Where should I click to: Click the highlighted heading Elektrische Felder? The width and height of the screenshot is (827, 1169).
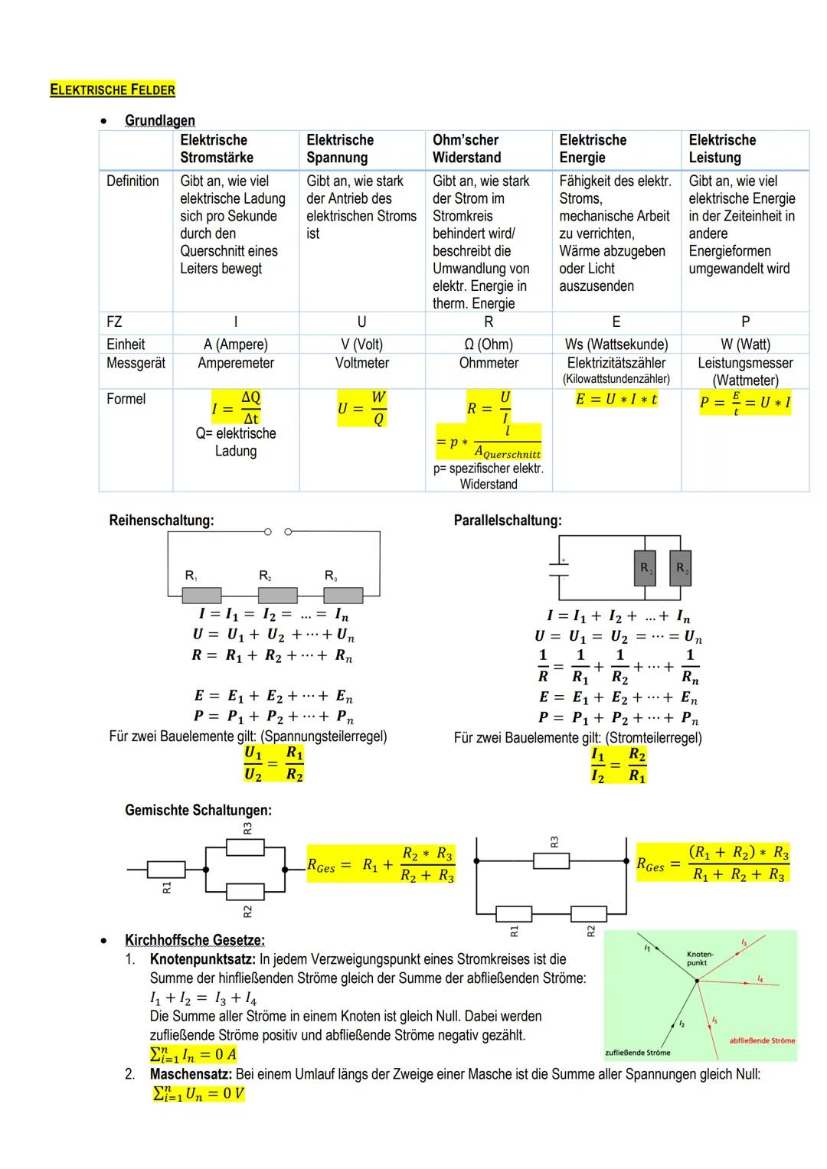tap(113, 90)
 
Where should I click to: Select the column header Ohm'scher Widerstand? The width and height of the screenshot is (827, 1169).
tap(466, 149)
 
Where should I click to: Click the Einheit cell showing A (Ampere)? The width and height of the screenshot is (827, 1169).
tap(235, 344)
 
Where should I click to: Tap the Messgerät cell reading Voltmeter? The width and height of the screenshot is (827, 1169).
tap(361, 363)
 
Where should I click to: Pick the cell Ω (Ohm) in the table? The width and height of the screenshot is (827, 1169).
tap(489, 344)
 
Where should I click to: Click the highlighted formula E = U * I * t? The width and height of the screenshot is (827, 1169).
tap(616, 400)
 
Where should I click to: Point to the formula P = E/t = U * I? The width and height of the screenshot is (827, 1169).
tap(744, 403)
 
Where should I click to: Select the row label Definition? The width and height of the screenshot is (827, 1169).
tap(132, 181)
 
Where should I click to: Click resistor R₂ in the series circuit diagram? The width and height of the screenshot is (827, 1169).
tap(277, 595)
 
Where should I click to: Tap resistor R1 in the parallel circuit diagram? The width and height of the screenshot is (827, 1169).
tap(645, 569)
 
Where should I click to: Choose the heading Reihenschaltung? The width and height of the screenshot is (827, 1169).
tap(162, 521)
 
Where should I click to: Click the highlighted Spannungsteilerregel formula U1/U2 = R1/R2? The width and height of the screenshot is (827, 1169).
tap(273, 764)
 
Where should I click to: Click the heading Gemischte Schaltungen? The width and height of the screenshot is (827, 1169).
tap(198, 810)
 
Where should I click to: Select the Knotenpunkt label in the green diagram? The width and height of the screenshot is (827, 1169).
tap(699, 958)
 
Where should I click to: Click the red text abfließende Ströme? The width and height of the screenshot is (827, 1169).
tap(762, 1040)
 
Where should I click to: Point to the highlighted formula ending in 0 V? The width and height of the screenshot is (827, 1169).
tap(198, 1093)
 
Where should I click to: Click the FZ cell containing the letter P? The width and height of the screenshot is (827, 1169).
tap(745, 322)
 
